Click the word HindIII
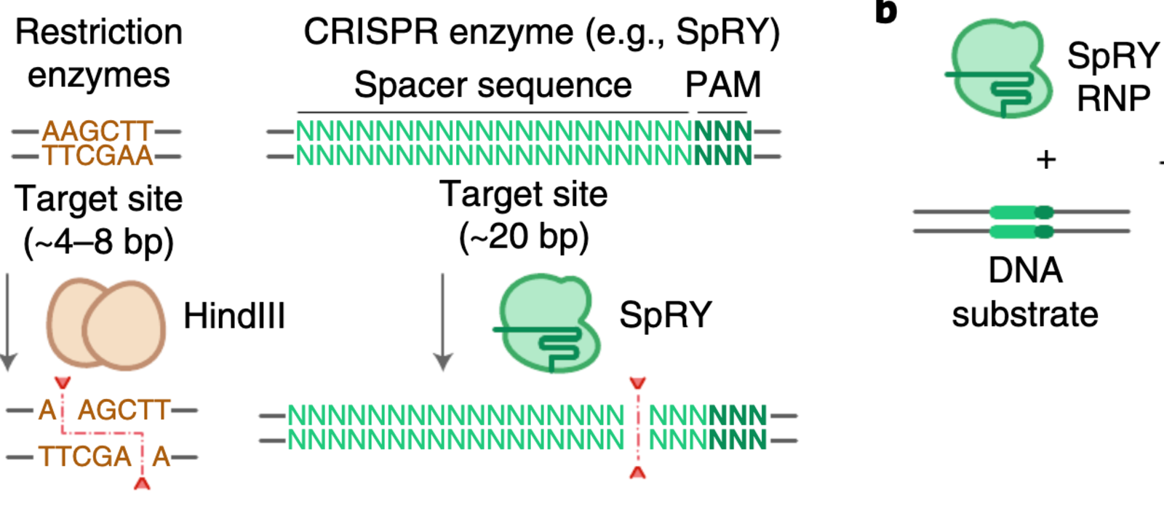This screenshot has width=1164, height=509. [x=234, y=317]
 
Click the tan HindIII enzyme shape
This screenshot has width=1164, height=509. [x=105, y=324]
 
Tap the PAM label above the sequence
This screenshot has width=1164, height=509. [x=722, y=85]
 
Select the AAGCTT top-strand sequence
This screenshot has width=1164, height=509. [x=97, y=132]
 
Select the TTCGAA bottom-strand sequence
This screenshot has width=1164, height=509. [x=97, y=155]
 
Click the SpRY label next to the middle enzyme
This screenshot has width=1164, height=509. [x=665, y=315]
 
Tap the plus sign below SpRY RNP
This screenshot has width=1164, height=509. [x=1045, y=159]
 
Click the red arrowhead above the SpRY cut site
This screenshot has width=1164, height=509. [x=637, y=383]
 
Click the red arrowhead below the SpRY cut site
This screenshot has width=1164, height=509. [x=637, y=473]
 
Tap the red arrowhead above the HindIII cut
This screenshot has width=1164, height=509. [x=63, y=382]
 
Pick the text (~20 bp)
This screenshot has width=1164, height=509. [x=523, y=237]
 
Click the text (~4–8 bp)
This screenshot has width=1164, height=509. [x=99, y=242]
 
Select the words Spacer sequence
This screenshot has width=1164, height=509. [x=493, y=85]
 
